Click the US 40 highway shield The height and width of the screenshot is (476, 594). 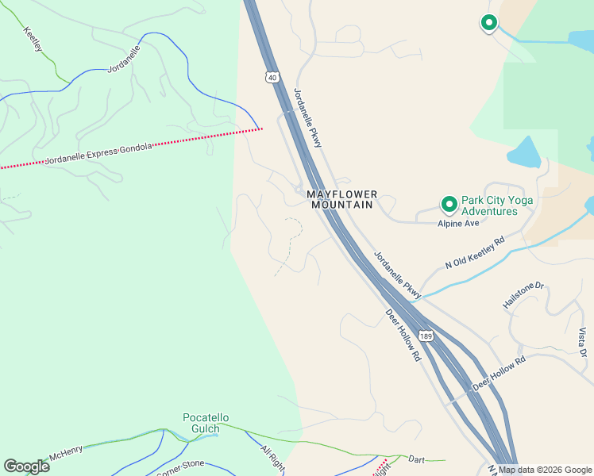pos(272,77)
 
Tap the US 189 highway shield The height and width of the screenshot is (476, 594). pos(426,336)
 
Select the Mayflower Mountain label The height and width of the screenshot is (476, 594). pos(341,199)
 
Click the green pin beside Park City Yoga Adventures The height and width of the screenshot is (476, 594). pos(449,205)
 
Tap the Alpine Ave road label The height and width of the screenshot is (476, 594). pos(458,224)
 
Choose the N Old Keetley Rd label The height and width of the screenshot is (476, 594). pos(475,253)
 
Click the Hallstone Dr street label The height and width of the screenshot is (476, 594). pos(523,294)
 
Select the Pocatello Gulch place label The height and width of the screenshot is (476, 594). pos(206,423)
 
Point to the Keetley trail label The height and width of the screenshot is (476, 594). pos(33,40)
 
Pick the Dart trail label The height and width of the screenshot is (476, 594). pos(417,459)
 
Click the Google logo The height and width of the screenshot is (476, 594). pos(26,466)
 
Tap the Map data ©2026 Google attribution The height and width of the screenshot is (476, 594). pos(545,470)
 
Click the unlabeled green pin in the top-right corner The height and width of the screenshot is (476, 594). pos(489,24)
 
